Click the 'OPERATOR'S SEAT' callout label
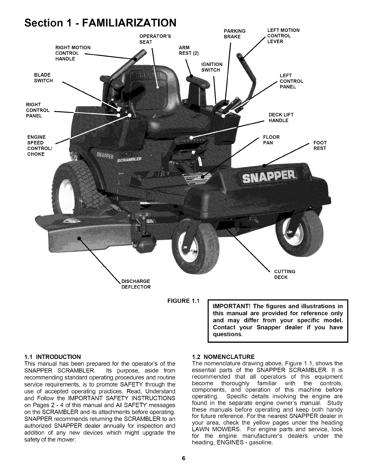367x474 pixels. tap(155, 39)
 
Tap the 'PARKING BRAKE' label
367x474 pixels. tap(235, 34)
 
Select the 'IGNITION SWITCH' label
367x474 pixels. tap(212, 67)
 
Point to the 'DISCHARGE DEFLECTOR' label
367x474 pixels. tap(136, 284)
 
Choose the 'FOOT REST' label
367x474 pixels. tap(320, 145)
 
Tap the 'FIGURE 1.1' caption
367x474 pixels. tap(183, 300)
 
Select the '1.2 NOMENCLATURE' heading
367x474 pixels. tap(223, 357)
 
